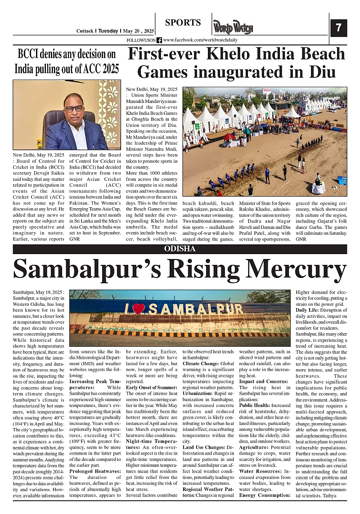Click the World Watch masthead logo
[233, 27]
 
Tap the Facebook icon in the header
[159, 40]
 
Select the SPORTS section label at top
[183, 22]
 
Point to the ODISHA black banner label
[180, 249]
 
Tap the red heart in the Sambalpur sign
[139, 308]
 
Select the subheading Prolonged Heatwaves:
[94, 471]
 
